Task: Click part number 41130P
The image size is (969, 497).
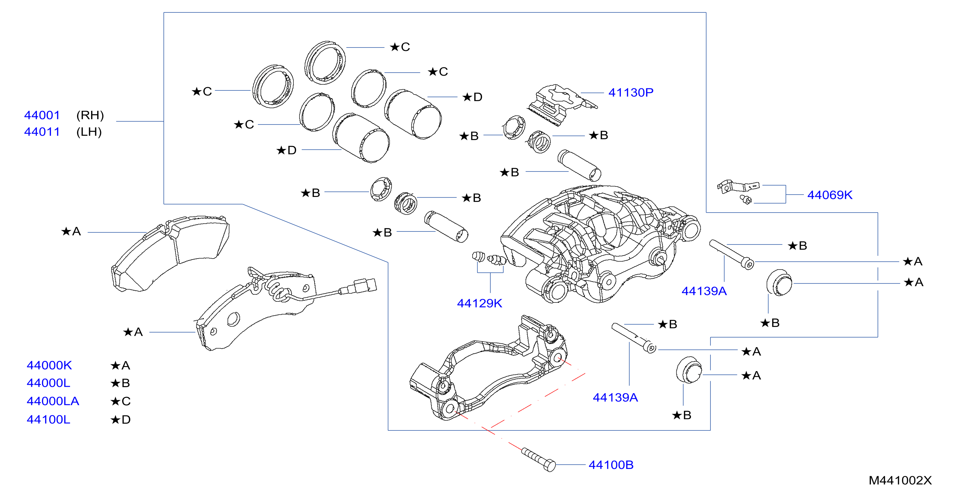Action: (630, 92)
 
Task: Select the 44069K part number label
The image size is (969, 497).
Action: (829, 195)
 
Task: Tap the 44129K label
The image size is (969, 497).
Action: (479, 303)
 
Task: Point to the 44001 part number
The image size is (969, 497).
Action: (42, 115)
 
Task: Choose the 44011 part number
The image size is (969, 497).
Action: (42, 132)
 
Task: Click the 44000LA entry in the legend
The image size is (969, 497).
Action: (53, 401)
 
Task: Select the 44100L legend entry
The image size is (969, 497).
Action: (48, 420)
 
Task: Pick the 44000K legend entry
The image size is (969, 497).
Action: (49, 365)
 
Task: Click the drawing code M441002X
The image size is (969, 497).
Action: (900, 481)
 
